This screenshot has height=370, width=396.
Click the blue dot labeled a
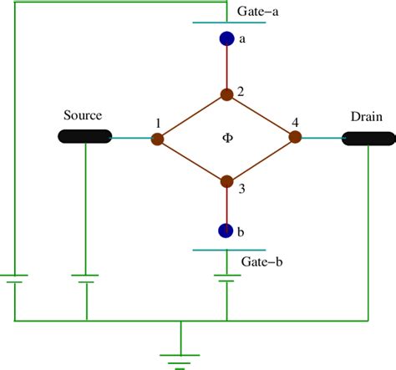[x=226, y=38]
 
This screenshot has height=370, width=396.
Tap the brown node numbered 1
[x=157, y=139]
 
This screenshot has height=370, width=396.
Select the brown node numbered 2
[x=226, y=94]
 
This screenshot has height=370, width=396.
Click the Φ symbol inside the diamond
[x=227, y=138]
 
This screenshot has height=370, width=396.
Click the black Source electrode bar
[x=84, y=138]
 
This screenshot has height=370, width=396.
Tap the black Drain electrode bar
[x=368, y=139]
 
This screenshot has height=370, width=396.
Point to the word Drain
[x=366, y=114]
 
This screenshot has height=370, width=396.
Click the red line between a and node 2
[x=226, y=67]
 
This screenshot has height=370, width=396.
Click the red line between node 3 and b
[x=226, y=205]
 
